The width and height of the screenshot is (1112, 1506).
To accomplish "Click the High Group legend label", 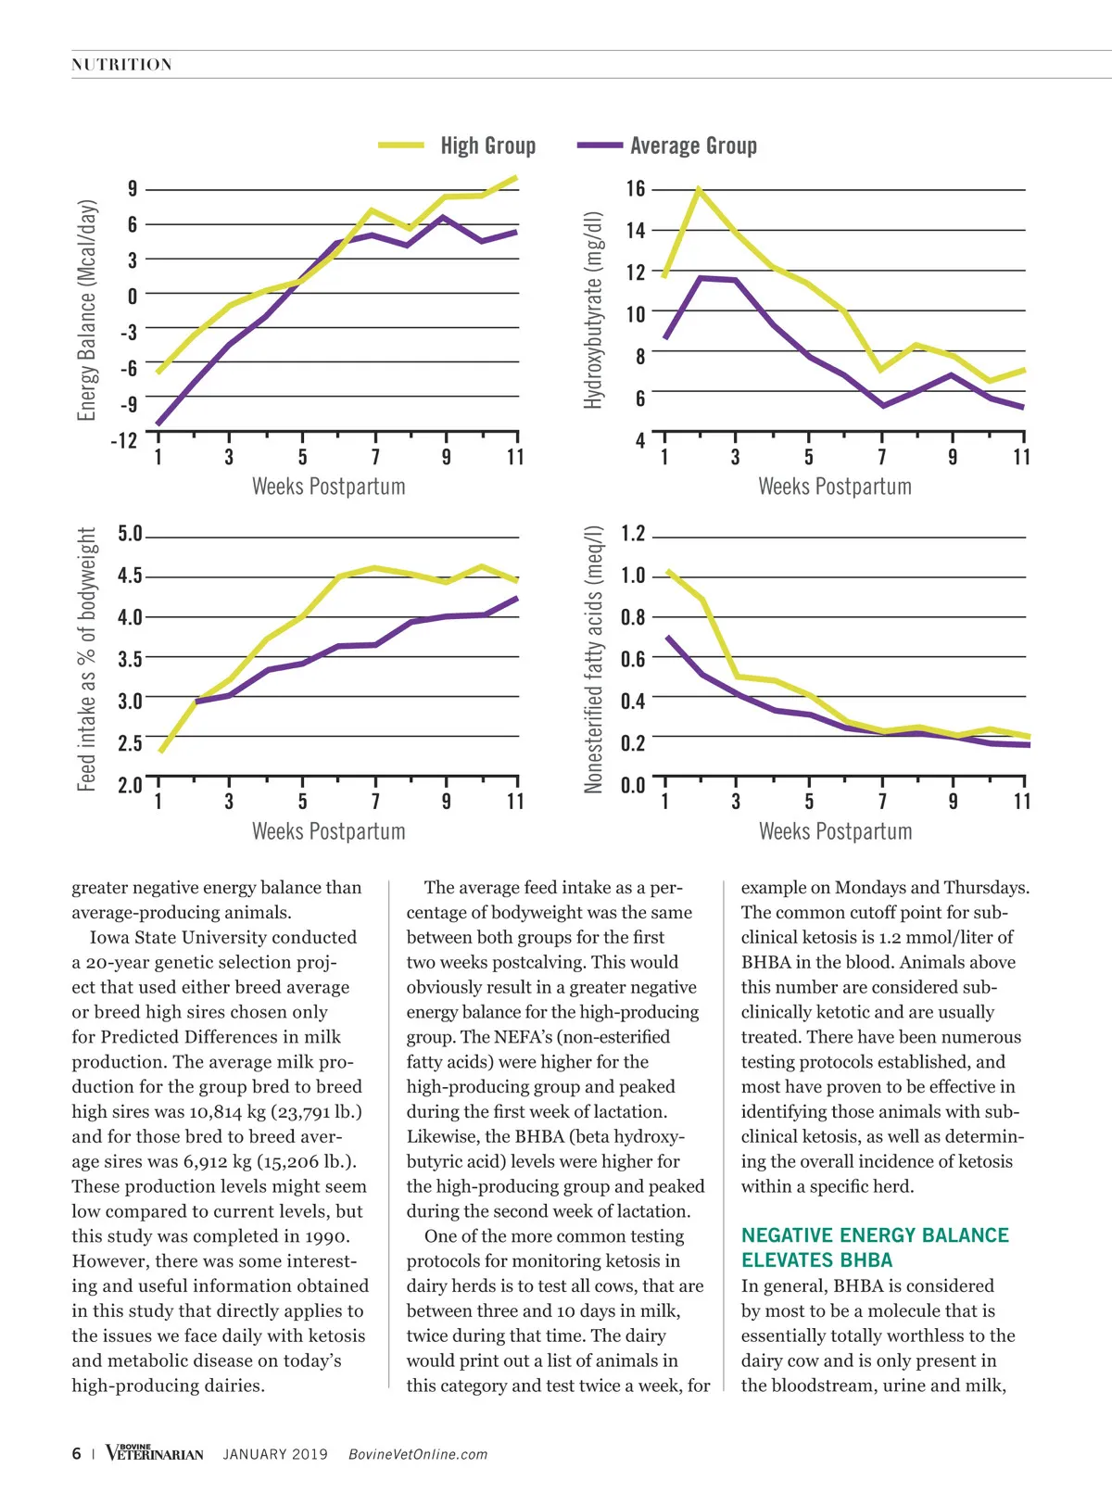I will point(487,146).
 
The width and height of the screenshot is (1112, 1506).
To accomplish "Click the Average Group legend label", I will point(693,146).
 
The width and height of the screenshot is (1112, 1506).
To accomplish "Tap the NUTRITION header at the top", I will point(121,65).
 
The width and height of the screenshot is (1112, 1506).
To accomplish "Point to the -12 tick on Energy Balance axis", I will point(123,439).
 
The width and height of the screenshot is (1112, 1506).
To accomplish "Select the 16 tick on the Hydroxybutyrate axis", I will point(635,189).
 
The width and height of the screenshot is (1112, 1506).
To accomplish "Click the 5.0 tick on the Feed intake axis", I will point(130,534).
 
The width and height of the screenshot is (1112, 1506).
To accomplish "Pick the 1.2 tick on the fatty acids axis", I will point(633,534).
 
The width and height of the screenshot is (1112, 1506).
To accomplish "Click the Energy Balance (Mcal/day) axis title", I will point(87,310).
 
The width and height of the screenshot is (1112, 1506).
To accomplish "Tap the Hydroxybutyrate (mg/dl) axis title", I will point(593,310).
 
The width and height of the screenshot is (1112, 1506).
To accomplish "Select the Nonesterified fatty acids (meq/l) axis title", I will point(593,659).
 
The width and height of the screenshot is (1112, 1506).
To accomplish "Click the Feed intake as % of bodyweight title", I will point(87,659).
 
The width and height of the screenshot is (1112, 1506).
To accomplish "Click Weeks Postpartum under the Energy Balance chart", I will point(328,487).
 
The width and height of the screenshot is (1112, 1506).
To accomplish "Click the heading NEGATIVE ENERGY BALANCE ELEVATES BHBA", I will point(874,1247).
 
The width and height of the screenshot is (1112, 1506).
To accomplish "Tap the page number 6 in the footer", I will point(76,1453).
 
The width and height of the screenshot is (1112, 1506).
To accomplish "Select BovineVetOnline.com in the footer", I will point(417,1454).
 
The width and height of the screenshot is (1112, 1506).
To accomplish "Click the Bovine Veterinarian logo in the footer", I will point(154,1452).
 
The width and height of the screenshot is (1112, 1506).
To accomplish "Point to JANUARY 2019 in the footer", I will point(275,1454).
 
